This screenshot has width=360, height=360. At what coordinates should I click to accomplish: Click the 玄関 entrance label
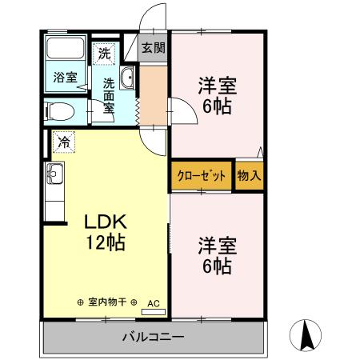(154, 47)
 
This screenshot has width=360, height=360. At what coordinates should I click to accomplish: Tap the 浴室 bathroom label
(65, 78)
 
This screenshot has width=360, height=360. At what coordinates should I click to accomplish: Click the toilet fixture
(58, 110)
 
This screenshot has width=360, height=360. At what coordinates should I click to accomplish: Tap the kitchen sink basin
(54, 172)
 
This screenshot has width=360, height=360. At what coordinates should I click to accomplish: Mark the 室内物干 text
(107, 302)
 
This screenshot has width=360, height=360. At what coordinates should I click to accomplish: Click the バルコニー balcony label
(152, 338)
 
